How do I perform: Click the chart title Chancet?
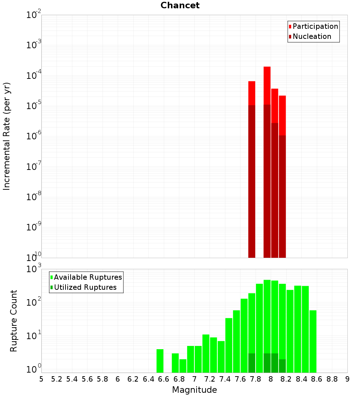(x=180, y=5)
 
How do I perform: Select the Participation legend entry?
(x=315, y=26)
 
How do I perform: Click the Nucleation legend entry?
(x=312, y=36)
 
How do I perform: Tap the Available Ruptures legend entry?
(x=88, y=277)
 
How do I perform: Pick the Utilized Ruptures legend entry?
(x=85, y=287)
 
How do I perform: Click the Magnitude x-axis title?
(x=194, y=390)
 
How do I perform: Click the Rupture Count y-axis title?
(x=14, y=320)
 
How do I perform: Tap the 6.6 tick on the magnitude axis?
(x=163, y=379)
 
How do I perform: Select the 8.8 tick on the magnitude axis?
(x=332, y=379)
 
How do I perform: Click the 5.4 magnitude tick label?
(x=72, y=379)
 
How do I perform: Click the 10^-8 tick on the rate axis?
(x=34, y=197)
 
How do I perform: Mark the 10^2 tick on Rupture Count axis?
(x=34, y=302)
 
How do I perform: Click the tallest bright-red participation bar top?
(x=267, y=67)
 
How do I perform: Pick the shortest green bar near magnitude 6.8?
(x=183, y=366)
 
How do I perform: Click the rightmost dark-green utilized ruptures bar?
(x=282, y=366)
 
